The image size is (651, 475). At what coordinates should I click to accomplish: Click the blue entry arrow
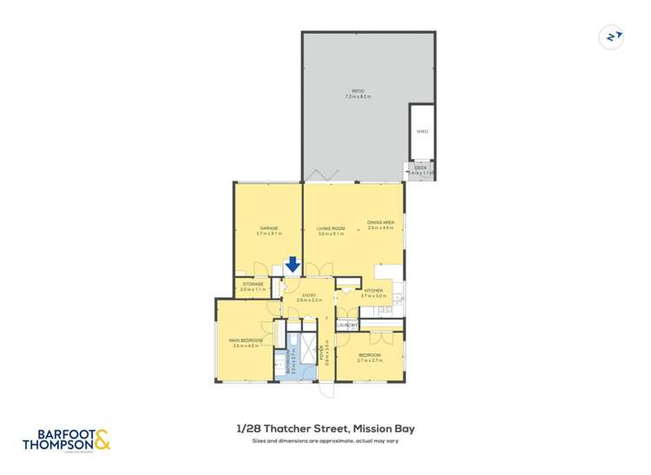(293, 264)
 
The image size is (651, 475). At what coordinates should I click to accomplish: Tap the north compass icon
(612, 36)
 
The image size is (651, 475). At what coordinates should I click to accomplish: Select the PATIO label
(357, 90)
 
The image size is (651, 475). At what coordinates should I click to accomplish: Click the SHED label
(422, 132)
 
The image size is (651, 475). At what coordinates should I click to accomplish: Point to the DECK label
(420, 167)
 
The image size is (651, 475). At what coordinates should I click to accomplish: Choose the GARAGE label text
(267, 228)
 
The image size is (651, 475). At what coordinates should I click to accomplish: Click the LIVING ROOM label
(332, 228)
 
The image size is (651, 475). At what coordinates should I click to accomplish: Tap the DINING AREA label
(381, 223)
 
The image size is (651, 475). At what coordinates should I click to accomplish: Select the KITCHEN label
(372, 290)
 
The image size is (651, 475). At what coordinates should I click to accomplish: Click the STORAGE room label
(253, 283)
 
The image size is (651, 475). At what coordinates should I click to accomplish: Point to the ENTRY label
(308, 294)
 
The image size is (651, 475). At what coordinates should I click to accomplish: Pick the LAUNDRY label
(347, 325)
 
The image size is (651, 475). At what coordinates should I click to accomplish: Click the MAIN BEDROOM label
(247, 340)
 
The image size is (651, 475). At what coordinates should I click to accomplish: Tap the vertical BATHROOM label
(289, 361)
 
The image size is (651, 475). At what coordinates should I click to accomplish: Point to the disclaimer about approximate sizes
(325, 441)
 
